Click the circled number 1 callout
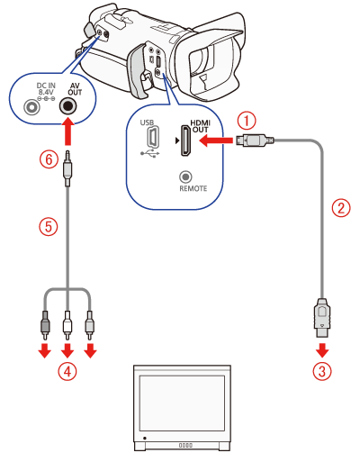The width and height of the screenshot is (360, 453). (247, 122)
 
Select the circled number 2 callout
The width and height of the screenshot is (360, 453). (341, 208)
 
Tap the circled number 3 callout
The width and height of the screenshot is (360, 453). (322, 371)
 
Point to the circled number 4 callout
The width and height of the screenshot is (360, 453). (67, 371)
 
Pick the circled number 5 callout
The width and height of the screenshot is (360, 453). (49, 226)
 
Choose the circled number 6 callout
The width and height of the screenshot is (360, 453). (49, 159)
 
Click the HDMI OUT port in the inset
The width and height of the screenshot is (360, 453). (185, 140)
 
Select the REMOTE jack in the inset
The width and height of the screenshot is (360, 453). (185, 177)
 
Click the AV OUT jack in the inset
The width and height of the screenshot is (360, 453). (67, 106)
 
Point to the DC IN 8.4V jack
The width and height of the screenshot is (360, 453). (31, 106)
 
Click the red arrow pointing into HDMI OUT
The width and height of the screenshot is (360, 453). (216, 140)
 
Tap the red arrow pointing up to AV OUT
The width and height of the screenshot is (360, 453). (68, 131)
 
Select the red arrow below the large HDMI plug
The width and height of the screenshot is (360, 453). (322, 350)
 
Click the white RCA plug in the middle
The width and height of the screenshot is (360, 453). (67, 326)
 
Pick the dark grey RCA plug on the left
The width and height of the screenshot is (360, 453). (45, 326)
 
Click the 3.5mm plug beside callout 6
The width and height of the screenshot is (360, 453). (67, 169)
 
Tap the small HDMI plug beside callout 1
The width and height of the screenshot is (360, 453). (255, 140)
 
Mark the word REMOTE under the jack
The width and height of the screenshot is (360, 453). (193, 188)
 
